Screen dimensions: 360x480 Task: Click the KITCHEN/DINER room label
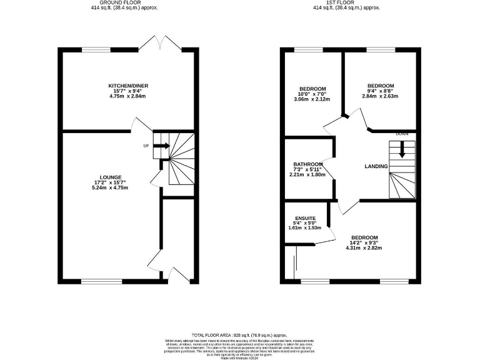(x=128, y=86)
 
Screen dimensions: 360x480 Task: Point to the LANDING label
(x=376, y=166)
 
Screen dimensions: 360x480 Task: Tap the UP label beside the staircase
(x=146, y=146)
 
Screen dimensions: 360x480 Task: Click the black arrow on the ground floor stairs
(x=162, y=146)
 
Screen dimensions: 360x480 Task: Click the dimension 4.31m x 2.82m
(x=364, y=248)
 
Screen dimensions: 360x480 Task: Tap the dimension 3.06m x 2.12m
(x=312, y=99)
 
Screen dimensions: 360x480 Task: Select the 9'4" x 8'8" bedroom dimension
(x=380, y=91)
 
